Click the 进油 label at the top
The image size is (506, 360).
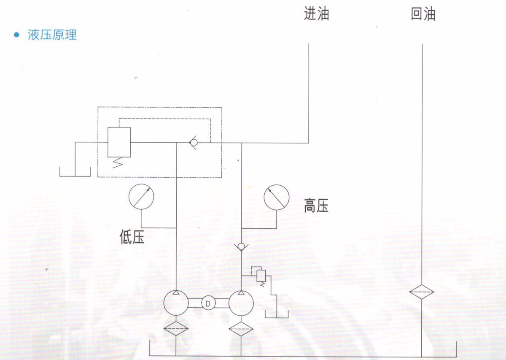(x=316, y=14)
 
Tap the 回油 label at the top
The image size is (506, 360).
(x=423, y=14)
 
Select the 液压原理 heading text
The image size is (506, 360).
(x=52, y=35)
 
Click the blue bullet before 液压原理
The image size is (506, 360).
(x=17, y=35)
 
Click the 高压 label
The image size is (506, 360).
(x=316, y=206)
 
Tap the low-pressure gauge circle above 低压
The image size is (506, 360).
(x=141, y=197)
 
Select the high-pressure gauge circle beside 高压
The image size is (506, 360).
(x=276, y=197)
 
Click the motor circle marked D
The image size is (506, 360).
(x=207, y=303)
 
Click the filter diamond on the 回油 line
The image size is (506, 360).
(x=422, y=292)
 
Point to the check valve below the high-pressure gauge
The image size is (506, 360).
(x=241, y=246)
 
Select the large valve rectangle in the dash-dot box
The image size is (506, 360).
(x=119, y=142)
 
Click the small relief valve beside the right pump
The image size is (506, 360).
(x=261, y=276)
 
